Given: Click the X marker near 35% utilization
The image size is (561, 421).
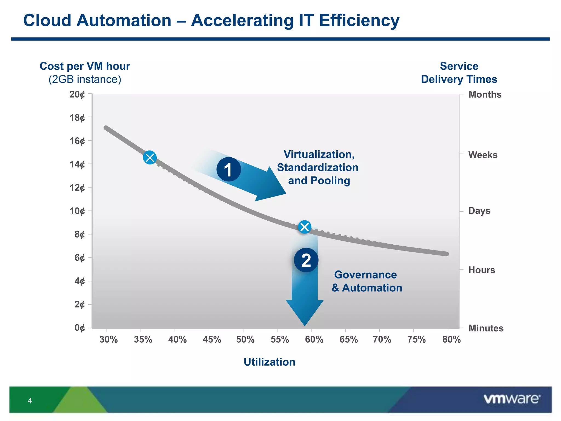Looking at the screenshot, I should tap(150, 158).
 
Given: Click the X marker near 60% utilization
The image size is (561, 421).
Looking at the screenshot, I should tap(305, 227).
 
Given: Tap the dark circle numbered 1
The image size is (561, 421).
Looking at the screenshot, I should tap(228, 169).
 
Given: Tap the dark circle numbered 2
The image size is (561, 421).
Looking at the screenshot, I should tap(306, 260).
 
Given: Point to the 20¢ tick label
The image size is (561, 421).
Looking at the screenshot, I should tap(77, 95).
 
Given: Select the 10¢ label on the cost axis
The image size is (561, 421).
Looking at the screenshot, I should tap(77, 211).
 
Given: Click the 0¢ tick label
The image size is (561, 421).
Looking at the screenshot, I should tap(79, 328).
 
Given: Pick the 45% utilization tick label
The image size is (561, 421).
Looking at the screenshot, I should tap(212, 340).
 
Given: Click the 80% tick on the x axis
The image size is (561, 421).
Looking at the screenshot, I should tap(451, 340).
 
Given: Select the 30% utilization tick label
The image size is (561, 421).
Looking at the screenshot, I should tap(108, 340).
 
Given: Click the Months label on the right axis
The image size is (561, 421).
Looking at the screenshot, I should tap(485, 95).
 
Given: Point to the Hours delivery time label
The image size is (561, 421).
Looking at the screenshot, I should tap(482, 270).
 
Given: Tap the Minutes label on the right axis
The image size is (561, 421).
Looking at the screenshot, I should tap(486, 328).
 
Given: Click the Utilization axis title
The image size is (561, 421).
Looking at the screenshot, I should tap(269, 362).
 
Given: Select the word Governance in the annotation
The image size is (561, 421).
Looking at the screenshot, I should tap(365, 275).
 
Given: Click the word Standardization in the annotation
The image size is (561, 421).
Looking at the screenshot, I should tap(318, 167).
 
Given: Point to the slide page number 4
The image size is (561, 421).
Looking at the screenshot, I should tap(30, 401).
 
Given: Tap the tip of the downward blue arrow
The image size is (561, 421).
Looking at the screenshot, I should tap(305, 325).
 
